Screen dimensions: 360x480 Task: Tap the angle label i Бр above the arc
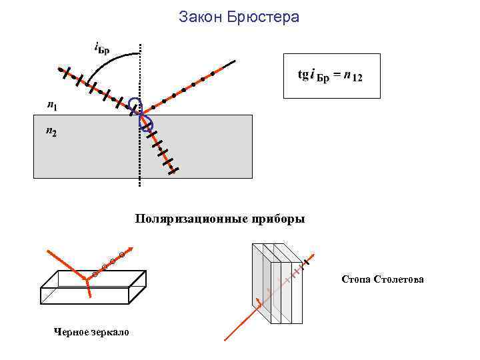point(102,47)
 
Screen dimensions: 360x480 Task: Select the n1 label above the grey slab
point(52,105)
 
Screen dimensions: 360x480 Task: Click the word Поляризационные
point(186,219)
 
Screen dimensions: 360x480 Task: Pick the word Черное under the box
point(71,331)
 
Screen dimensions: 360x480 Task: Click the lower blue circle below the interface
point(145,123)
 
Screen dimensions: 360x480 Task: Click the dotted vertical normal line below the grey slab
point(140,184)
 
